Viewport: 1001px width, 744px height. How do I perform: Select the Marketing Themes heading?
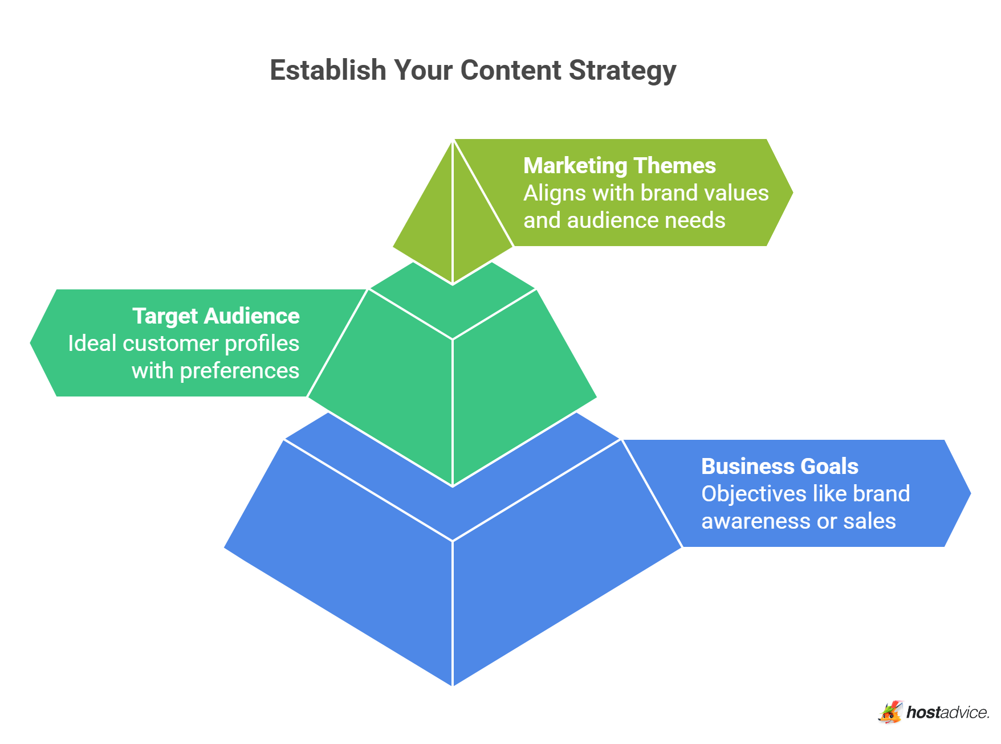tap(619, 166)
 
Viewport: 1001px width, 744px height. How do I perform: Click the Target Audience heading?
tap(215, 316)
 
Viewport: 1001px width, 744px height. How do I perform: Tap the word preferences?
tap(239, 371)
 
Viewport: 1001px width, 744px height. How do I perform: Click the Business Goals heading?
tap(779, 467)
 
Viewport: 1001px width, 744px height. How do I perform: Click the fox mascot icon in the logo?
tap(890, 712)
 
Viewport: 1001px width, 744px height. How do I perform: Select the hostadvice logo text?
tap(947, 713)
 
